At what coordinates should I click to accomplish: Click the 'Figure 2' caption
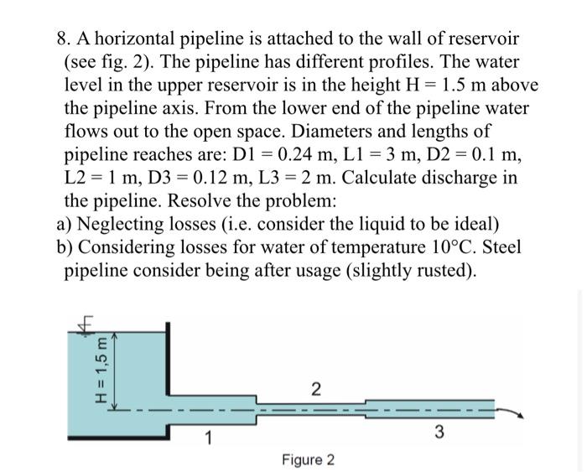pyautogui.click(x=308, y=460)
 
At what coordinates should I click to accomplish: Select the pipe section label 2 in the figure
pyautogui.click(x=314, y=388)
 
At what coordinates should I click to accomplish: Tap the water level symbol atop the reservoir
pyautogui.click(x=85, y=323)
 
